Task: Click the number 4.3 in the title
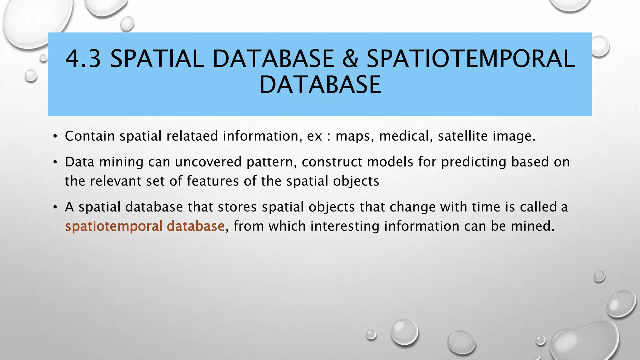pyautogui.click(x=83, y=59)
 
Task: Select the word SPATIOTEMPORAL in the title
pyautogui.click(x=470, y=59)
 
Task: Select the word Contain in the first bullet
pyautogui.click(x=90, y=136)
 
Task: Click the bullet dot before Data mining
pyautogui.click(x=55, y=162)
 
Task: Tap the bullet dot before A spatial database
pyautogui.click(x=55, y=207)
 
